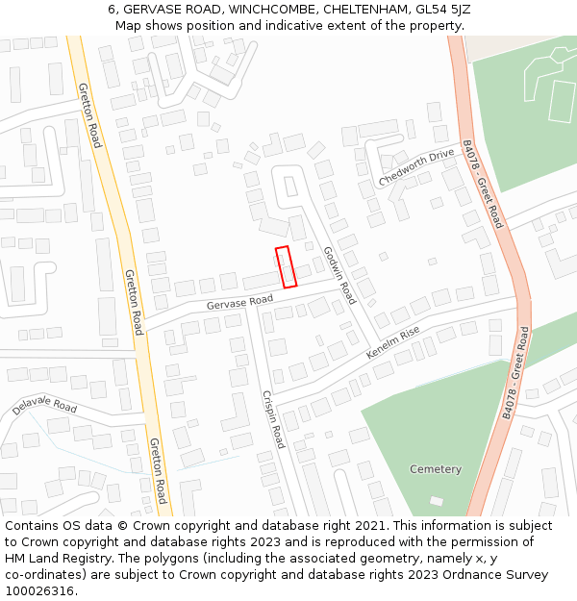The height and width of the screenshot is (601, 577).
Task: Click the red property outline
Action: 286,266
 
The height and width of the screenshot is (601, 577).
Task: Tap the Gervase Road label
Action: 239,303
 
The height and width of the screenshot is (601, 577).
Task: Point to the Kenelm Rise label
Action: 392,342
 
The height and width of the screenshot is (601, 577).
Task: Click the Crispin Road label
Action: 273,419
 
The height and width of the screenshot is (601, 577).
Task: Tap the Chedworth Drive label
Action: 415,168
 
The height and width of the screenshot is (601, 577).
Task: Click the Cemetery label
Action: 435,469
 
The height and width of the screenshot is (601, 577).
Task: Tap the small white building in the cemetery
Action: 437,501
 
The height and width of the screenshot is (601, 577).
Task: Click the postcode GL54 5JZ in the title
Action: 439,10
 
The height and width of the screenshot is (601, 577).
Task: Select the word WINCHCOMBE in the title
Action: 272,10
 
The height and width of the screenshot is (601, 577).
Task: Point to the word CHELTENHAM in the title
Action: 364,10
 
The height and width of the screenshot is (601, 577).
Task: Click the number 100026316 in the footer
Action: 41,591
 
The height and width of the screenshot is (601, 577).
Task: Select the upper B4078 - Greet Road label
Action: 482,184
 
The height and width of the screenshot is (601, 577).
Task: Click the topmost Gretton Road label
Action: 90,115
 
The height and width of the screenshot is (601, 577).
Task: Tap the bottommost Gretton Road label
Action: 158,470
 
